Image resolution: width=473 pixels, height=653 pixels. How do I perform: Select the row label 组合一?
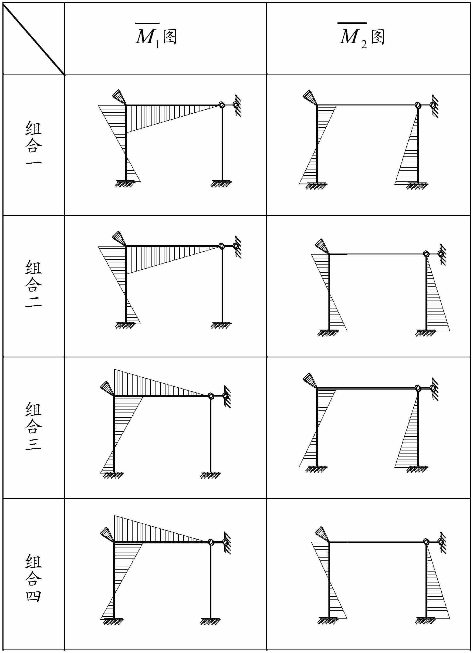(34, 143)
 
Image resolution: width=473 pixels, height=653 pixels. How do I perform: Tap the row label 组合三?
(34, 426)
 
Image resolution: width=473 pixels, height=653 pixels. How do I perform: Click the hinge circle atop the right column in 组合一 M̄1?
(221, 105)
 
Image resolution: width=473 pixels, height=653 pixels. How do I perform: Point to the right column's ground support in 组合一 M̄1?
(221, 184)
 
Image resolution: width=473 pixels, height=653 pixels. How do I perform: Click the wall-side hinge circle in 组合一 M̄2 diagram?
(433, 105)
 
